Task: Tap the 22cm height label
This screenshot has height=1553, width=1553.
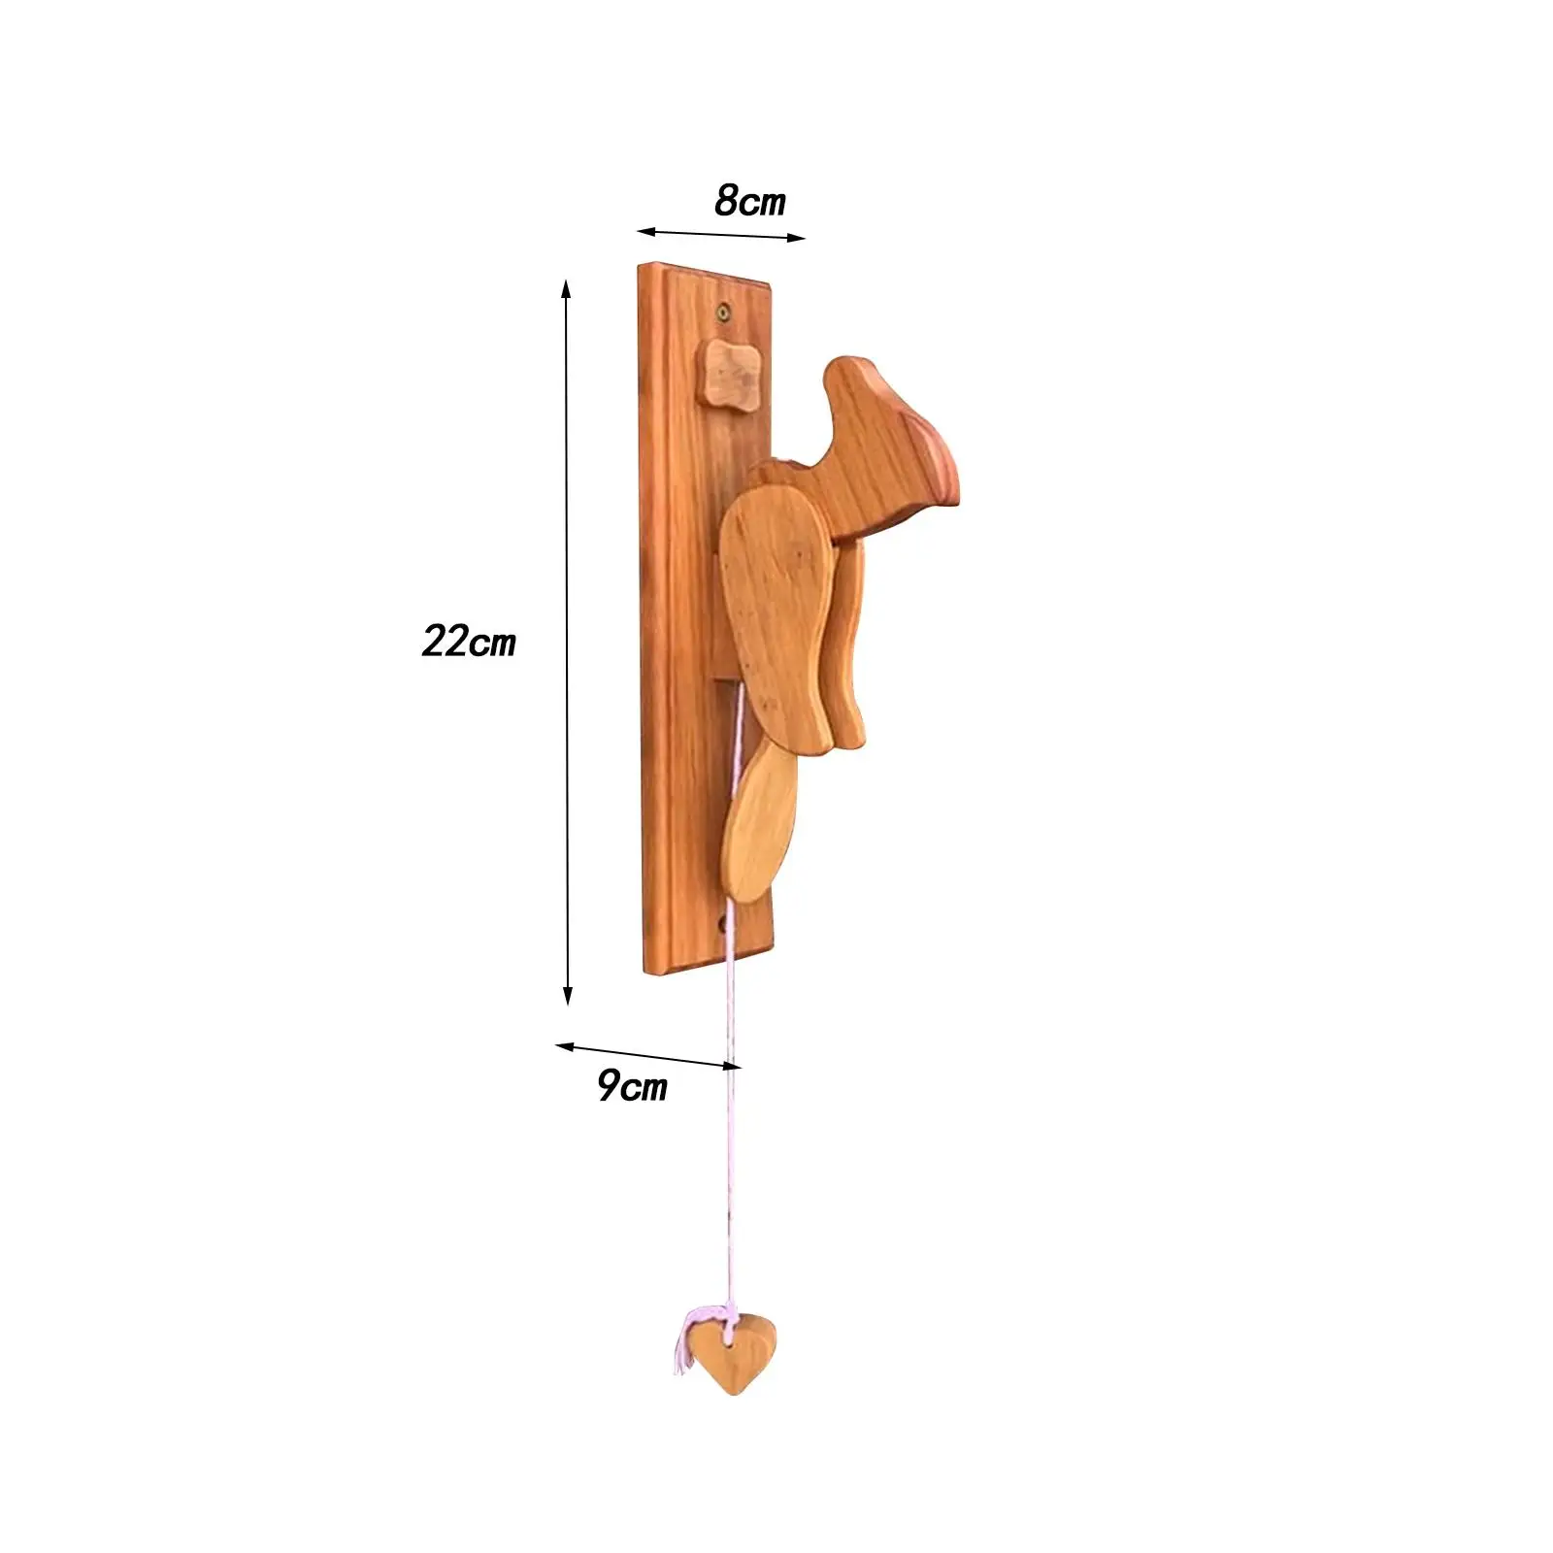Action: coord(469,642)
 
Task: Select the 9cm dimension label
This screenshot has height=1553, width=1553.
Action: coord(632,1085)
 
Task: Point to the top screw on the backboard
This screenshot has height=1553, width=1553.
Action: coord(724,312)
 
